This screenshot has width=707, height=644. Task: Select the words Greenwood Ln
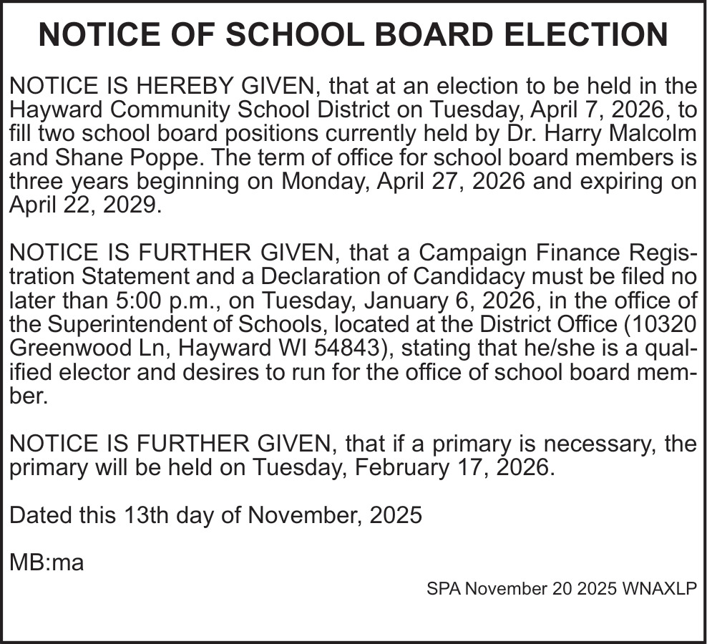point(87,348)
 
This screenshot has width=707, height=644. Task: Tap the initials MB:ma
point(47,562)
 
